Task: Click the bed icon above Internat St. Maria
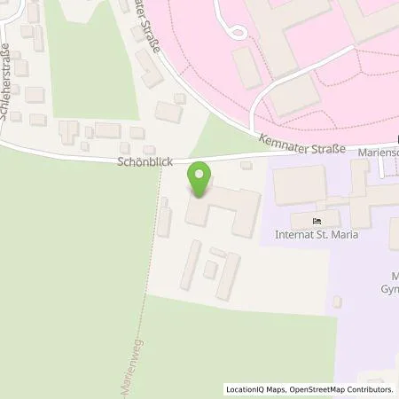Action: click(x=318, y=221)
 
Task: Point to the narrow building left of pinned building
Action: click(x=164, y=217)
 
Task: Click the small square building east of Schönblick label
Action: click(x=246, y=164)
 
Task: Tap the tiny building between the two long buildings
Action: click(x=210, y=269)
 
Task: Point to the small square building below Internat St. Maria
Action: click(x=337, y=302)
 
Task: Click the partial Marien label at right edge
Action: click(x=379, y=153)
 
